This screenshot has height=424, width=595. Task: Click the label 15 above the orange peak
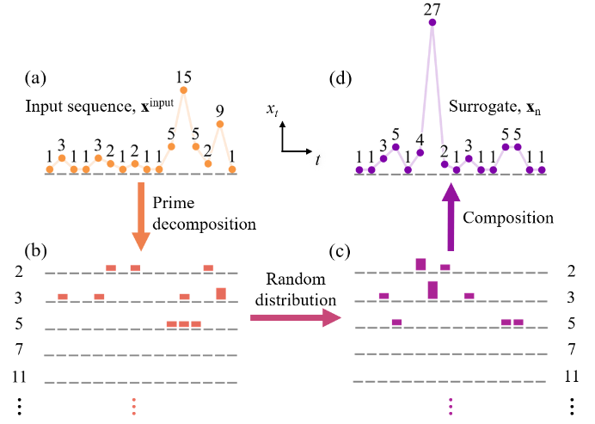(183, 77)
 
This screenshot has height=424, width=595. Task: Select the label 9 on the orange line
(219, 111)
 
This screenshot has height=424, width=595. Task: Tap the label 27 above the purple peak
(432, 9)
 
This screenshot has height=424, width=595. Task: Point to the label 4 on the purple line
(420, 139)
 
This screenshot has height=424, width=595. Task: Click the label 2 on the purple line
(444, 151)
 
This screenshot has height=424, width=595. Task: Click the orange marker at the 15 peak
(183, 89)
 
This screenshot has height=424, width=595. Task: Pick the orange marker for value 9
(219, 124)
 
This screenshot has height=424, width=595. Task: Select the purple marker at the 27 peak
(432, 22)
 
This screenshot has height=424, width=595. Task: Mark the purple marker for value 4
(420, 152)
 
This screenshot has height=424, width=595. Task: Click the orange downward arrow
(141, 215)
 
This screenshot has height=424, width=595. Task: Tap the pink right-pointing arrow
(295, 317)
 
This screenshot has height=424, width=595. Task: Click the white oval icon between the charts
(318, 159)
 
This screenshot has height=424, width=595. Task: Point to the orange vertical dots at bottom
(133, 406)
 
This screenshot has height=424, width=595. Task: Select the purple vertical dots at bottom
(450, 406)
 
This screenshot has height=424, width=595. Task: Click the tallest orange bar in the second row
(221, 294)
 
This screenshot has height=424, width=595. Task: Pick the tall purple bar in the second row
(432, 290)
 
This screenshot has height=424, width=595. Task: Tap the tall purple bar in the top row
(420, 265)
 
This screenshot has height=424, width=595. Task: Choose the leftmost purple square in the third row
(396, 323)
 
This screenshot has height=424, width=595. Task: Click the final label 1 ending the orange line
(232, 157)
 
